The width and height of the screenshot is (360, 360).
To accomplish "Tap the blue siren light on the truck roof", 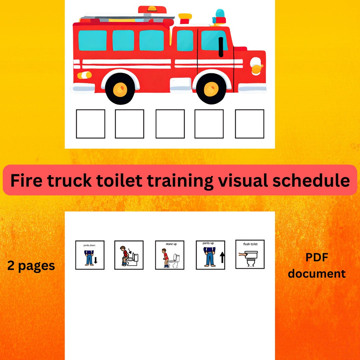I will pyautogui.click(x=220, y=14).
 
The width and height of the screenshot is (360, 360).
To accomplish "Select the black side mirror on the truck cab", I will pyautogui.click(x=221, y=47).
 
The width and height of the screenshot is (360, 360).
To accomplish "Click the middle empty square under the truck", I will pyautogui.click(x=170, y=124).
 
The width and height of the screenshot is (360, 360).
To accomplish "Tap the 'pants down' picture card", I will pyautogui.click(x=90, y=255).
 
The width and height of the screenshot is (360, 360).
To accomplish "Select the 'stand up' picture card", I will pyautogui.click(x=170, y=255).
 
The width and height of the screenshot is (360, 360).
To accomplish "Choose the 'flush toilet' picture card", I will pyautogui.click(x=250, y=254).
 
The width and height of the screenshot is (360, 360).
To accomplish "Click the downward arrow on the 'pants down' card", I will pyautogui.click(x=96, y=260).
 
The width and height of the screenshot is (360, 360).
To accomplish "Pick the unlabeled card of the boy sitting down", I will pyautogui.click(x=129, y=255).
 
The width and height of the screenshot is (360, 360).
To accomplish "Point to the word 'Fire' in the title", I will pyautogui.click(x=27, y=180).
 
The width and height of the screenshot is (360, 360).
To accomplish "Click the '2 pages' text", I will pyautogui.click(x=31, y=266).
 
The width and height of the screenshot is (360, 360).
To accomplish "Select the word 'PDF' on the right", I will pyautogui.click(x=317, y=257).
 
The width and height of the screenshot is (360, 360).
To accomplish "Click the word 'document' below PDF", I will pyautogui.click(x=317, y=274).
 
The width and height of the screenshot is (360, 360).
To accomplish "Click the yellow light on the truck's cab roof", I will pyautogui.click(x=185, y=16).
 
